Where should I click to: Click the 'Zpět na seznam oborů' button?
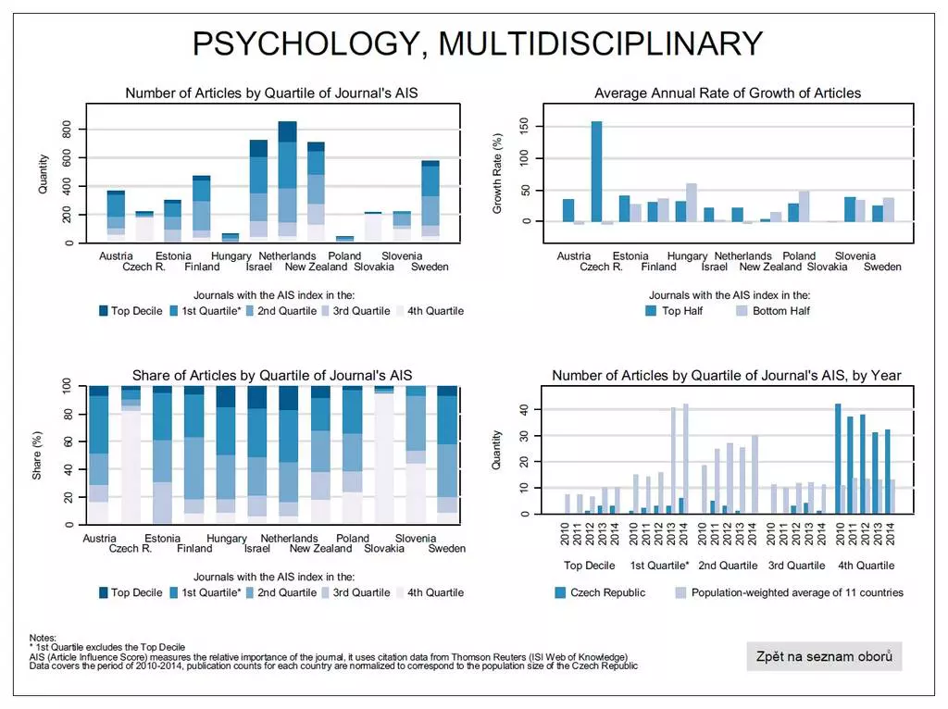pyautogui.click(x=824, y=656)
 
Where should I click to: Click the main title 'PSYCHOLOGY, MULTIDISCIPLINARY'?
pyautogui.click(x=477, y=44)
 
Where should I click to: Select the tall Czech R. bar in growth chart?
pyautogui.click(x=596, y=171)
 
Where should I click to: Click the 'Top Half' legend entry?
pyautogui.click(x=681, y=311)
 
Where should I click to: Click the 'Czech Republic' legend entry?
pyautogui.click(x=607, y=592)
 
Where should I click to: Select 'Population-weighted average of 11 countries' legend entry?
pyautogui.click(x=796, y=592)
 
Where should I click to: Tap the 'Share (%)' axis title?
pyautogui.click(x=38, y=454)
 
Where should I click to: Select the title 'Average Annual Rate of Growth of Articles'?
pyautogui.click(x=728, y=93)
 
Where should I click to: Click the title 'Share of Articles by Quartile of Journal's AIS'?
pyautogui.click(x=272, y=375)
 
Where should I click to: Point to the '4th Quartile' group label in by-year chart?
pyautogui.click(x=867, y=566)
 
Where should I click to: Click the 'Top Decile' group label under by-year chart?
pyautogui.click(x=590, y=566)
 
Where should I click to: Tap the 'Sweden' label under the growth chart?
pyautogui.click(x=882, y=267)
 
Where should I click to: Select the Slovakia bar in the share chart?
pyautogui.click(x=383, y=455)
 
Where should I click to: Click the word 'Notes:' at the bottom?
pyautogui.click(x=44, y=638)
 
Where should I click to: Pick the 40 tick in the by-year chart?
pyautogui.click(x=524, y=409)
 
